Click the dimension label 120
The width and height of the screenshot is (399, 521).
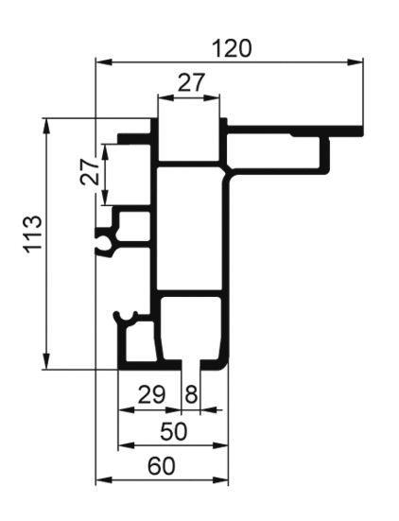[x=233, y=48]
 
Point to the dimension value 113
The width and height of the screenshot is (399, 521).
[x=33, y=234]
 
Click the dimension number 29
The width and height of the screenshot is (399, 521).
[x=151, y=394]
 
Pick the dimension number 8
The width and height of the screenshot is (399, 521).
[x=191, y=394]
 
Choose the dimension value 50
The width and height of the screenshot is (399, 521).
[x=174, y=431]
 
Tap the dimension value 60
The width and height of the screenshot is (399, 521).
[x=161, y=466]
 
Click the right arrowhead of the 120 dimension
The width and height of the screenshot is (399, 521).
[x=355, y=61]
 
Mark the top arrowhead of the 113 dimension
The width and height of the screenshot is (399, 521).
[x=47, y=127]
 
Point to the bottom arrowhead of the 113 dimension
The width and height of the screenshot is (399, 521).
[x=47, y=361]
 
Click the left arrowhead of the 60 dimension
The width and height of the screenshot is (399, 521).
[x=103, y=480]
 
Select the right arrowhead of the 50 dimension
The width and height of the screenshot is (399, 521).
[x=220, y=445]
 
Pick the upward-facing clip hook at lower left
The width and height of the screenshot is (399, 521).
[x=126, y=318]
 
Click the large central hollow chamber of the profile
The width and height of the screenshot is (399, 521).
[x=188, y=229]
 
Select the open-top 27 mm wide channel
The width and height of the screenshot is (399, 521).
[x=188, y=139]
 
